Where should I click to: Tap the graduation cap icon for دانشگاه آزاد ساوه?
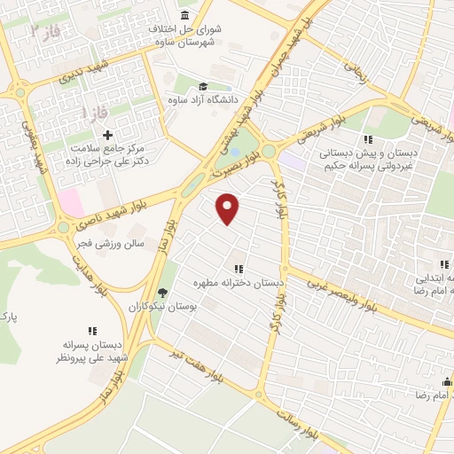[203, 87]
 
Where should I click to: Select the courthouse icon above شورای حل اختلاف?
[184, 17]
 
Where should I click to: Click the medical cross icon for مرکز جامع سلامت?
[108, 135]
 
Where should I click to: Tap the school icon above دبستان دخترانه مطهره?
[238, 269]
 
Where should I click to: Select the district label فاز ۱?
[91, 114]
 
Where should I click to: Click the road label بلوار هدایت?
[91, 272]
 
